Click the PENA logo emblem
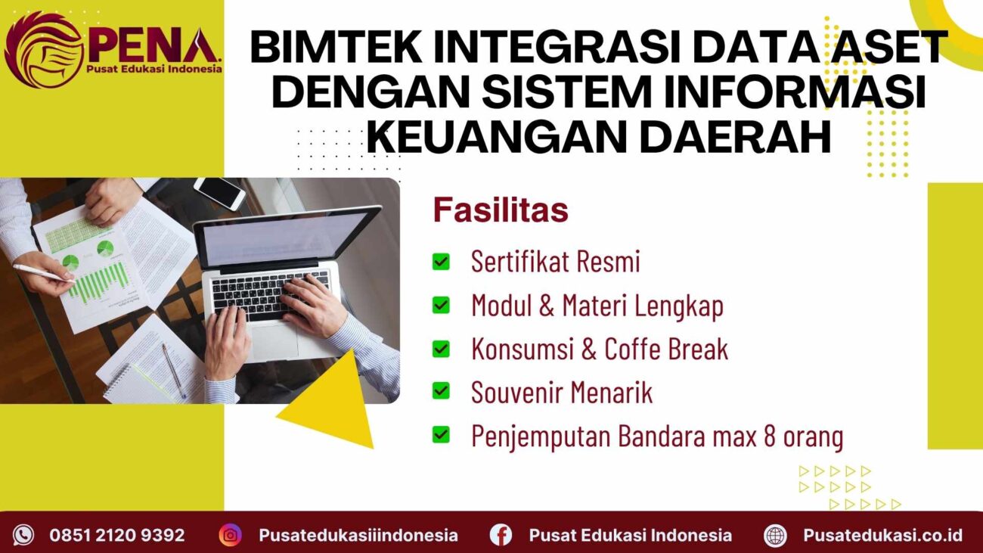point(42,49)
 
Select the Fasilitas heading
point(500,211)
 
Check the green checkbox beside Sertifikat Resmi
point(440,262)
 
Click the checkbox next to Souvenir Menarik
point(440,392)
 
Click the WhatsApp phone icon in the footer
point(23,535)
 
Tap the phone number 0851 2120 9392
point(117,535)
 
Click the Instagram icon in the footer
point(230,535)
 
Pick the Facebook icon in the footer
point(501,535)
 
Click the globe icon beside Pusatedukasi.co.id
point(775,535)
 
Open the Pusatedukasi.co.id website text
point(882,535)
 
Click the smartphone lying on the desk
point(219,193)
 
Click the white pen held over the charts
point(42,273)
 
